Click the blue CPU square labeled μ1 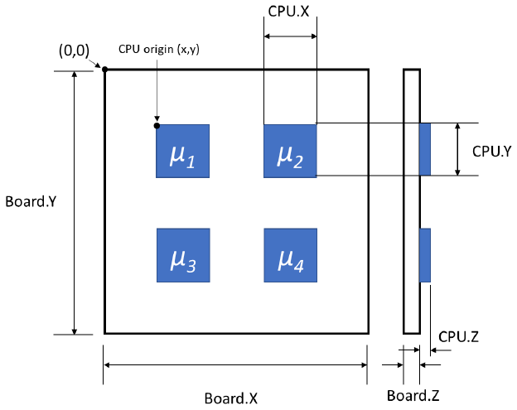[x=182, y=151]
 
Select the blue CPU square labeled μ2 [x=290, y=151]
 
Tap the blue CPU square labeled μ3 [x=182, y=255]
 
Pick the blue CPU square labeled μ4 [x=290, y=255]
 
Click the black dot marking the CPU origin [x=156, y=125]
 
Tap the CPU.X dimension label [x=290, y=12]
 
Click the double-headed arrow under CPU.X [x=290, y=36]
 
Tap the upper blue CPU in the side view [x=425, y=149]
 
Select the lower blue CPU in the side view [x=425, y=254]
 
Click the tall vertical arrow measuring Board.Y [x=75, y=202]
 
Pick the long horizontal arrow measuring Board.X [x=235, y=364]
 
